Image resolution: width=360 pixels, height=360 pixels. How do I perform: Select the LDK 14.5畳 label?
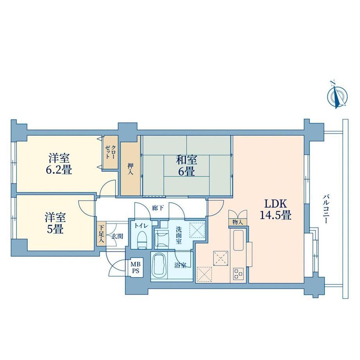[x=275, y=209]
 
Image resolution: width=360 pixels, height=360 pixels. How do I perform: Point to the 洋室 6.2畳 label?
[x=59, y=164]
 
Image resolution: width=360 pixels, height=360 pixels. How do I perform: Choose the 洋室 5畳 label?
[x=55, y=223]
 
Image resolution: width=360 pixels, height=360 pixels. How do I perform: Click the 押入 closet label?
[x=130, y=169]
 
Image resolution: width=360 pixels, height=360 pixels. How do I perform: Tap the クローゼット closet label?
[x=110, y=152]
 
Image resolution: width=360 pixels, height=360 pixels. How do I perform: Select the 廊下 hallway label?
[x=158, y=208]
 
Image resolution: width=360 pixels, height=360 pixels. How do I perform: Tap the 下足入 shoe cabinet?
[x=101, y=234]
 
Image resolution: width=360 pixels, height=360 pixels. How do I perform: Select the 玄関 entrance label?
[x=117, y=236]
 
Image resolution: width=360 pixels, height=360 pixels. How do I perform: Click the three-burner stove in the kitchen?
[x=238, y=274]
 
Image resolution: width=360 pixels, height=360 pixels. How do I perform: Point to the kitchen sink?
[x=239, y=240]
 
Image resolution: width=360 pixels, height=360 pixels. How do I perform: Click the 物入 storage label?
[x=238, y=222]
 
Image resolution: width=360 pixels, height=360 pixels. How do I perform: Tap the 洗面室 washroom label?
[x=179, y=235]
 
